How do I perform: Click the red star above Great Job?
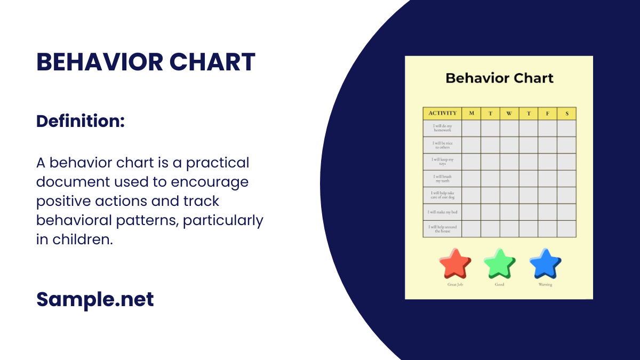455,263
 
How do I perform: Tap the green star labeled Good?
499,263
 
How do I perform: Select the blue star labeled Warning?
545,263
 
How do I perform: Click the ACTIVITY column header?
442,113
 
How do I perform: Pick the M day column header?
471,113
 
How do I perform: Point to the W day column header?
509,113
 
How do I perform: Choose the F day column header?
547,113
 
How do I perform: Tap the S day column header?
566,113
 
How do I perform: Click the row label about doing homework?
442,128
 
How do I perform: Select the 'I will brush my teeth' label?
442,179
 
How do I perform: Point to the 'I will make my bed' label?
442,212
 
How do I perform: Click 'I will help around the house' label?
442,229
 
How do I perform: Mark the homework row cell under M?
471,128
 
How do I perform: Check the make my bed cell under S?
566,212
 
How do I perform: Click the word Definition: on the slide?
80,121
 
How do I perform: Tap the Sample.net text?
95,299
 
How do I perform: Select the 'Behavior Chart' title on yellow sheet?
499,78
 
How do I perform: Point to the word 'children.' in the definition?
82,239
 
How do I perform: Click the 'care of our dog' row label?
442,195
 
